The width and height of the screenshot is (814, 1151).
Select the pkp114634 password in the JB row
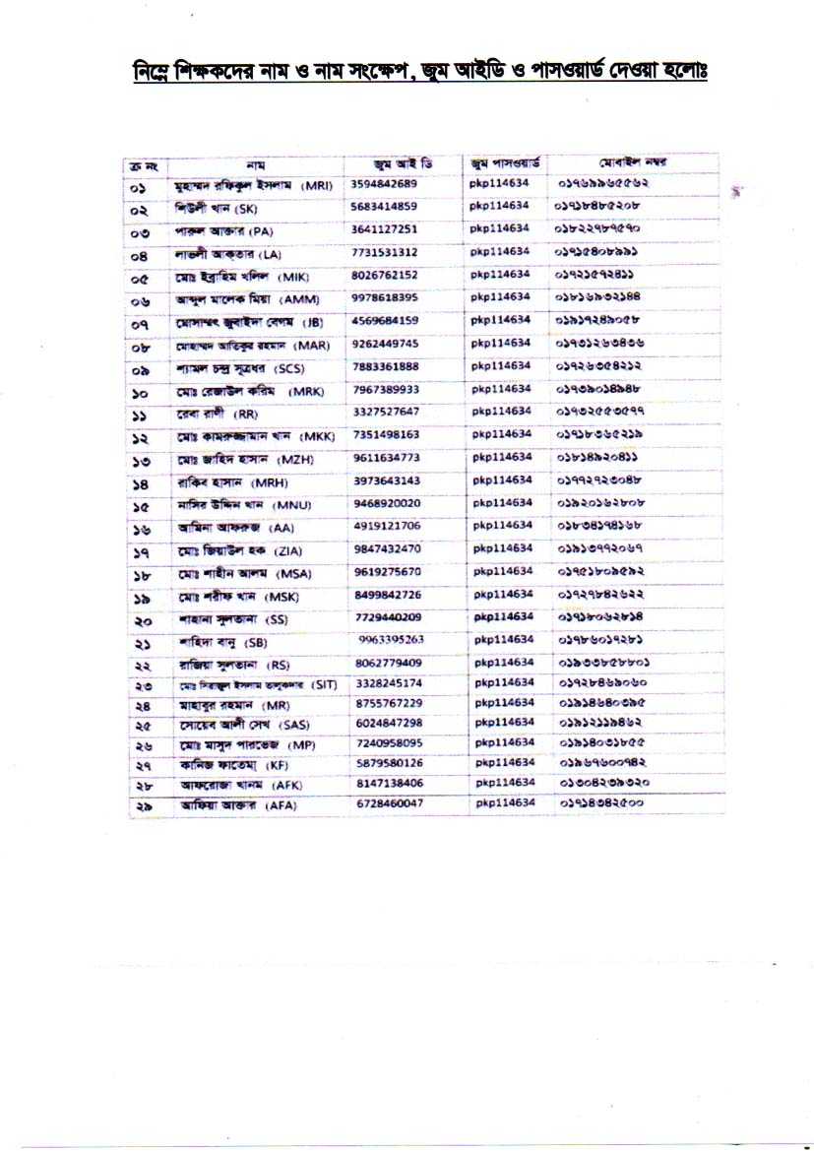[x=501, y=320]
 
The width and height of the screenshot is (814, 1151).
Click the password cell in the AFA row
[x=505, y=803]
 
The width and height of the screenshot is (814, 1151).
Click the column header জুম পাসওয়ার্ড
[x=505, y=163]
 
